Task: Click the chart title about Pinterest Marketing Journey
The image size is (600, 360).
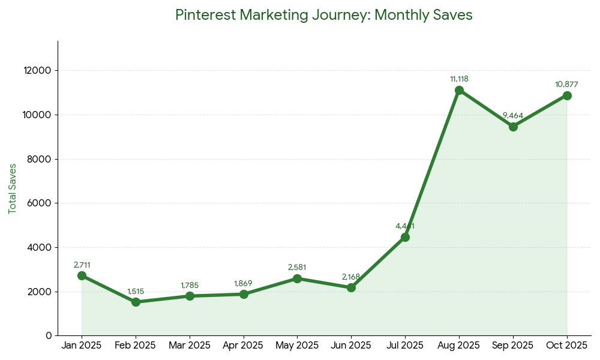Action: tap(323, 15)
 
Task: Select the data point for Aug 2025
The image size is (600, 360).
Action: tap(459, 91)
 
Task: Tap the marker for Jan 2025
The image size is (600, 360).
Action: tap(82, 276)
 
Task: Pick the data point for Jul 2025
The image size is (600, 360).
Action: tap(405, 238)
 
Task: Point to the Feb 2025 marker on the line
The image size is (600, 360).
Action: tap(136, 302)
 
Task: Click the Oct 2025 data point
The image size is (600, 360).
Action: tap(567, 96)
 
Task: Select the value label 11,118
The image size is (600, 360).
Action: tap(459, 79)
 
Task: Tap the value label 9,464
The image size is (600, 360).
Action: tap(513, 116)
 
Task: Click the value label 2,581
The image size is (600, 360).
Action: tap(298, 268)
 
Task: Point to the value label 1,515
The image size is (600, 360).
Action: tap(136, 292)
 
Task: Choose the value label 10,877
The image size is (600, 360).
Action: tap(567, 85)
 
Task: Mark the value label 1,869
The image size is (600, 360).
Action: tap(244, 283)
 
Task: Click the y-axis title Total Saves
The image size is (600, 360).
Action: tap(13, 188)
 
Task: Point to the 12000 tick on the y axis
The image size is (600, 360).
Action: tap(38, 71)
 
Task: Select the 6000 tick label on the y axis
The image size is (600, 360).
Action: tap(40, 203)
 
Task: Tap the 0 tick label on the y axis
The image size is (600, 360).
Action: tap(49, 336)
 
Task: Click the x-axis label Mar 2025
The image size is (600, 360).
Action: tap(190, 346)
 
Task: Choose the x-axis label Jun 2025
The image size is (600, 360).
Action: tap(351, 346)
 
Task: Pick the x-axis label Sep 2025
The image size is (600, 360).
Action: tap(513, 346)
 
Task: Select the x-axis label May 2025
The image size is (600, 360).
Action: tap(298, 346)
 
